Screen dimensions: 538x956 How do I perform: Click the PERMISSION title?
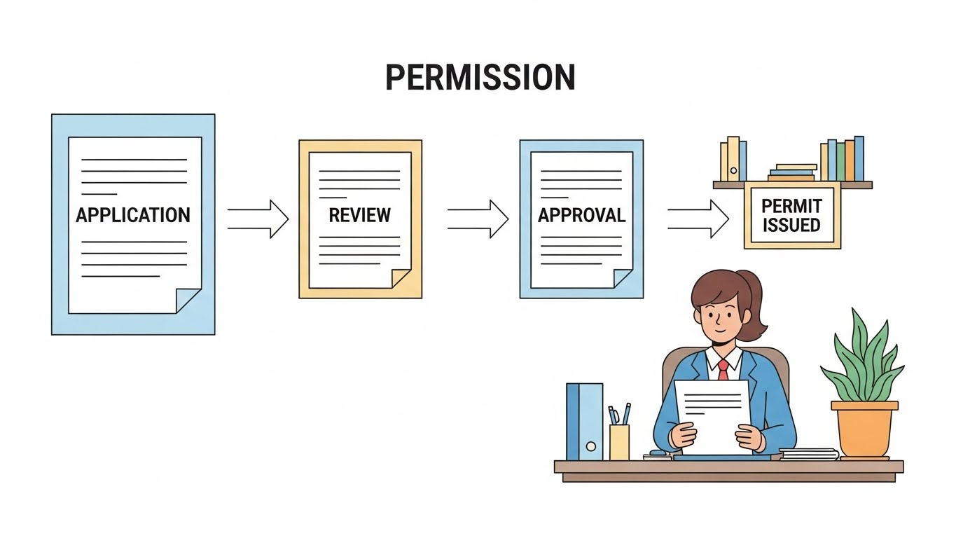pyautogui.click(x=480, y=77)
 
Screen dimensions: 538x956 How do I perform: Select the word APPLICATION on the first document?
pyautogui.click(x=133, y=214)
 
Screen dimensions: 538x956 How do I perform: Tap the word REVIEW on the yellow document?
pyautogui.click(x=359, y=215)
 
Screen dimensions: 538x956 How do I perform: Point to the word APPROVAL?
pyautogui.click(x=581, y=215)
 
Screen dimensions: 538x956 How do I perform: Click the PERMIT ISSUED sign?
pyautogui.click(x=791, y=215)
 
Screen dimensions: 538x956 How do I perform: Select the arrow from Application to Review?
pyautogui.click(x=258, y=219)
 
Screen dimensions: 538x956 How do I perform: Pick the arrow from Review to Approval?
pyautogui.click(x=478, y=219)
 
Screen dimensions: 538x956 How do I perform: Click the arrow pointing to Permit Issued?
pyautogui.click(x=698, y=219)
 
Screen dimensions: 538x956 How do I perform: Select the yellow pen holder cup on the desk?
pyautogui.click(x=619, y=442)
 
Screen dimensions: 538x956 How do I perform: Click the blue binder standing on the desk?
pyautogui.click(x=584, y=420)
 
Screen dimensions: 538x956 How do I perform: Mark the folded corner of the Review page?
pyautogui.click(x=401, y=278)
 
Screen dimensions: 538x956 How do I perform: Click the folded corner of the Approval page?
pyautogui.click(x=622, y=278)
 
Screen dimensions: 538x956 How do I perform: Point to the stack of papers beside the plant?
pyautogui.click(x=809, y=454)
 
